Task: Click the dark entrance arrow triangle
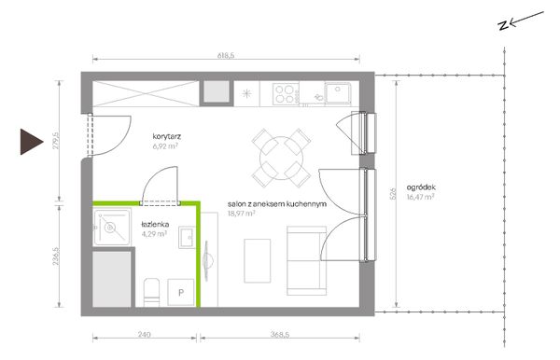point(31,142)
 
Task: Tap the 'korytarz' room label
point(167,136)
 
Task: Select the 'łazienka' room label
point(155,225)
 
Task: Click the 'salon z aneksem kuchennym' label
point(277,204)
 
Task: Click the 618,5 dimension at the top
point(226,55)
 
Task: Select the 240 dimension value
point(144,334)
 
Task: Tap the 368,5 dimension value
point(280,334)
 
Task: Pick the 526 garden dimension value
point(394,193)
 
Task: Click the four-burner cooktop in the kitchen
point(286,94)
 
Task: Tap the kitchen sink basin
point(338,92)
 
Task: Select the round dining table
point(282,158)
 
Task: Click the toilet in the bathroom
point(151,293)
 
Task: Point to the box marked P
point(181,293)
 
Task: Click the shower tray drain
point(110,228)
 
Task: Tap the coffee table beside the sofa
point(258,261)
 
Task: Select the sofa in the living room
point(307,261)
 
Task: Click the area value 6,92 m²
point(165,145)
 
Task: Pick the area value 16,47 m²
point(420,197)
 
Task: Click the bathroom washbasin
point(187,237)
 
